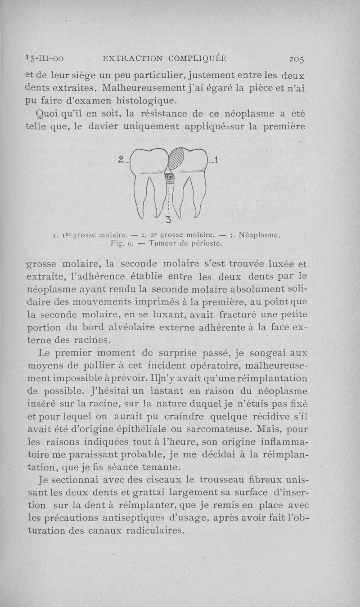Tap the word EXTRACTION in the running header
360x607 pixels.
pyautogui.click(x=132, y=58)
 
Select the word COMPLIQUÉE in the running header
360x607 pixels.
pyautogui.click(x=198, y=58)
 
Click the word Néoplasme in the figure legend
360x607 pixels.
pyautogui.click(x=260, y=234)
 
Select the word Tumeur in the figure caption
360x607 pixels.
pyautogui.click(x=163, y=243)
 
